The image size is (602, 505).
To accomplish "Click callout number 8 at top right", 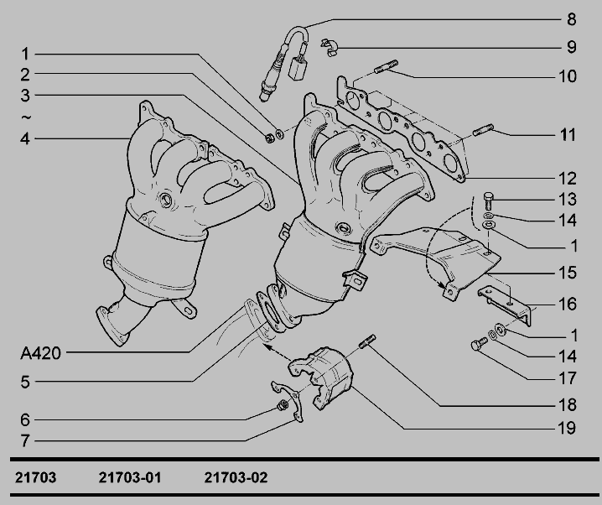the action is (571, 19).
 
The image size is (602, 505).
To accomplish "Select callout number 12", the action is (567, 179).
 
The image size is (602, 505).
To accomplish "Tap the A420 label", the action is (40, 353).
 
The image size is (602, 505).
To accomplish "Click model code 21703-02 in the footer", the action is (236, 477).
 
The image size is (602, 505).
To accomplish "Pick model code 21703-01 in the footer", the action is (130, 477).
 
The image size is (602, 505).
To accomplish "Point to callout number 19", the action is (567, 428).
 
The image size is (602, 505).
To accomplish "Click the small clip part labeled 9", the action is (330, 48).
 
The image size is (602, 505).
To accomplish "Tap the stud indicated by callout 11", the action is (483, 130).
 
